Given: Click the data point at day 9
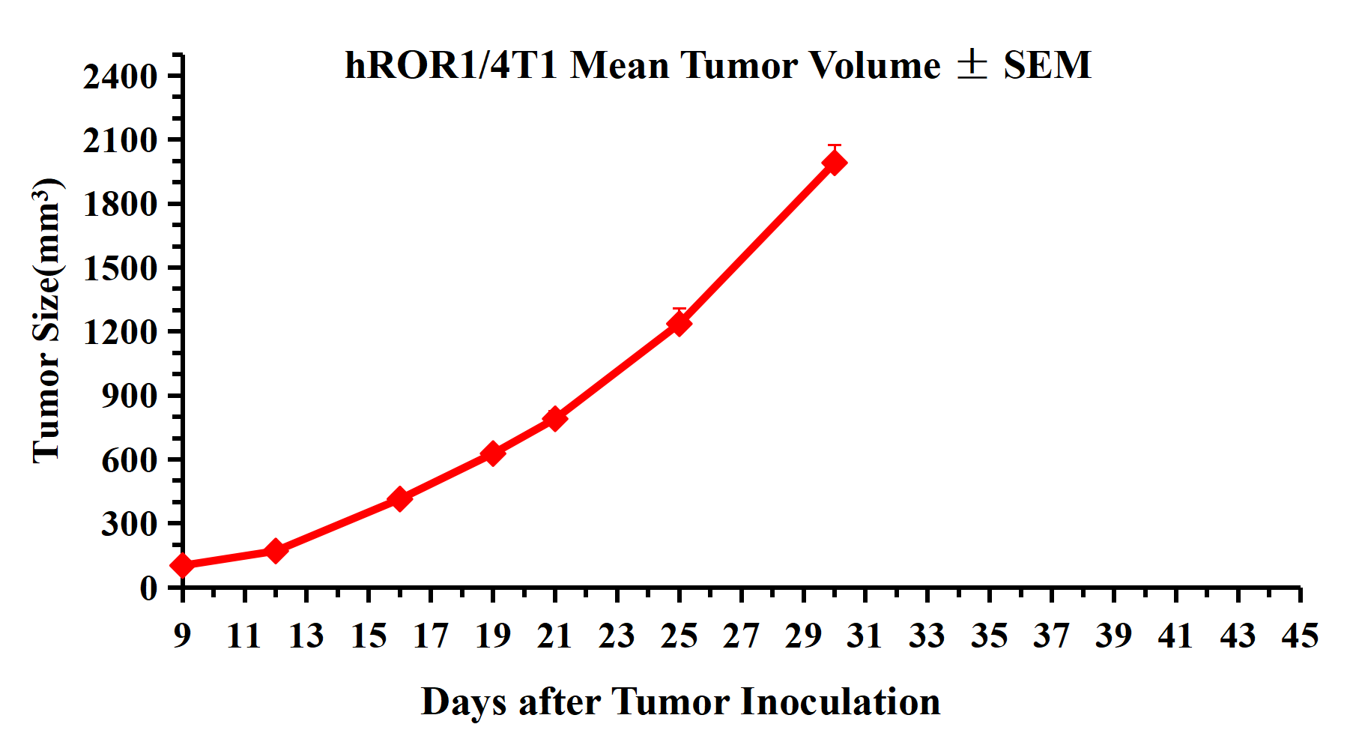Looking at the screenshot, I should click(x=183, y=565).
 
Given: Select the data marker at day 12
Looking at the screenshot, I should click(x=276, y=551).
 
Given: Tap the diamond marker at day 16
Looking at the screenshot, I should click(x=400, y=498).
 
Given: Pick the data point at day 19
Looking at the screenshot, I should click(x=493, y=453).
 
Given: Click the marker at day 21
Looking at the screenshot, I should click(x=555, y=418).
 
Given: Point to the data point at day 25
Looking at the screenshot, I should click(x=679, y=323).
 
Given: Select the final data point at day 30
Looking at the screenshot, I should click(x=835, y=162).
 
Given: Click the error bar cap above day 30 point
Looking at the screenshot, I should click(x=835, y=145).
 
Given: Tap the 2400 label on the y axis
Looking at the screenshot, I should click(x=121, y=76).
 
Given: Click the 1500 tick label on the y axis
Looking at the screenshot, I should click(x=121, y=268).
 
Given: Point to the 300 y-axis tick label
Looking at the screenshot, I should click(x=130, y=524).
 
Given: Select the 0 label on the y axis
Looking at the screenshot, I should click(x=149, y=588).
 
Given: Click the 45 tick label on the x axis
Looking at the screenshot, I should click(x=1300, y=636).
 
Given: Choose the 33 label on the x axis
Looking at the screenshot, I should click(x=927, y=636).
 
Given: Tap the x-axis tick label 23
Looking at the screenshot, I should click(x=617, y=636).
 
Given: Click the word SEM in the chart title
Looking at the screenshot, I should click(x=1047, y=65).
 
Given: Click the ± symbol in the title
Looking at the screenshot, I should click(x=972, y=65).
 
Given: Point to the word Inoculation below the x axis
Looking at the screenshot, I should click(x=841, y=702).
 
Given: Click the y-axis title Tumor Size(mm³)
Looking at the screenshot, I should click(x=46, y=321).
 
